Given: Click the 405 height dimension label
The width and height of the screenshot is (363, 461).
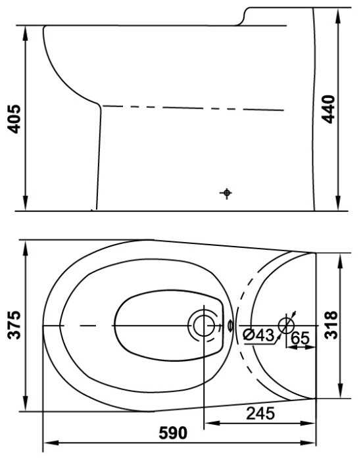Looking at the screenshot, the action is tap(14, 118).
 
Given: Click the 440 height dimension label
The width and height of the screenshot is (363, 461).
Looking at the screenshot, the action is tap(328, 109).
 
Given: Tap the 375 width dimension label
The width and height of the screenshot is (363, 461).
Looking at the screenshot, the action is tap(14, 325).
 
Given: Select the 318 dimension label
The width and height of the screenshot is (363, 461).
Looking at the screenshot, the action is tap(331, 325).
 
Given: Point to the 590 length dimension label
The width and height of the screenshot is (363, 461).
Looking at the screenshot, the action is tap(173, 433).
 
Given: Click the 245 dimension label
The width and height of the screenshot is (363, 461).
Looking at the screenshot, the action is tap(260, 413).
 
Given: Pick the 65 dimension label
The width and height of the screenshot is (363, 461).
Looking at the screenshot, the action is tap(300, 338).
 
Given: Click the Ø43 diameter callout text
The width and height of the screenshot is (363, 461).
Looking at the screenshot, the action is tap(258, 335).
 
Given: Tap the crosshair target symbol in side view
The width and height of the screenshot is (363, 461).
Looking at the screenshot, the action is tap(226, 193).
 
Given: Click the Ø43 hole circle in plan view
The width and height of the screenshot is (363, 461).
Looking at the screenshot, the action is tap(286, 326).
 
